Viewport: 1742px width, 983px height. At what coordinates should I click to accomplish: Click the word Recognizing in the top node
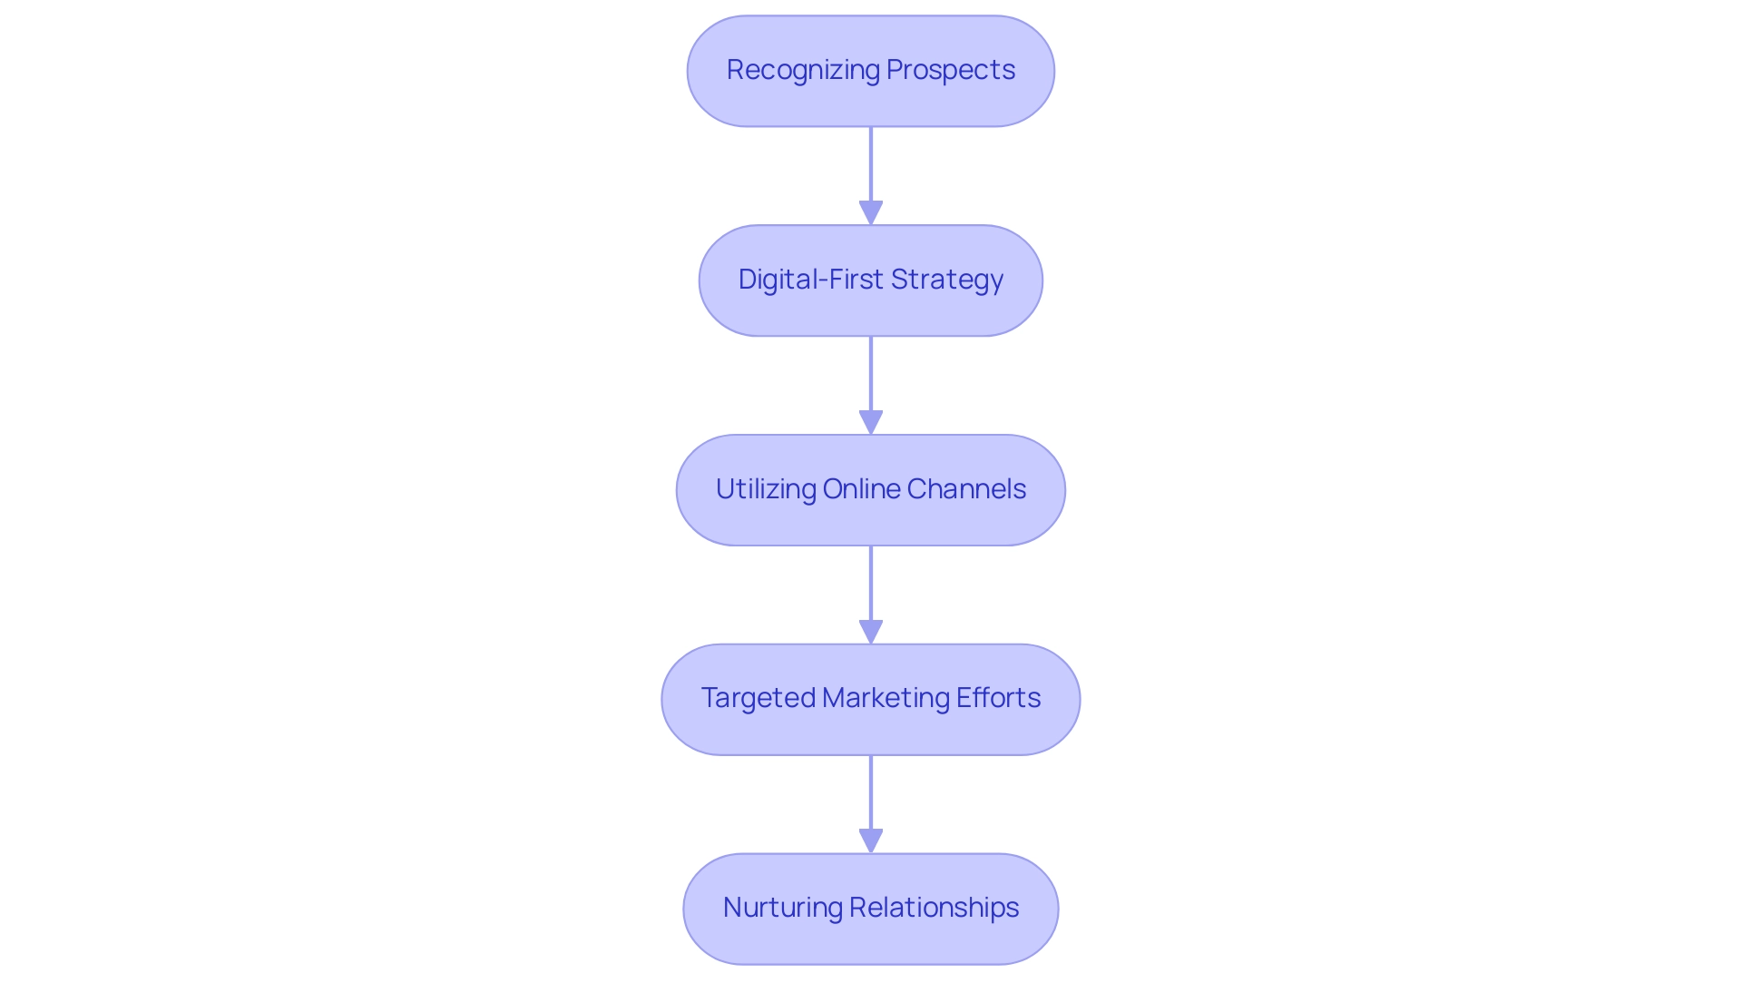[x=803, y=71]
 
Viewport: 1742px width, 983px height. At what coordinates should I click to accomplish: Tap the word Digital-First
[x=810, y=280]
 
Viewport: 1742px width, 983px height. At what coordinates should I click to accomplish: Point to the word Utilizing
[x=766, y=489]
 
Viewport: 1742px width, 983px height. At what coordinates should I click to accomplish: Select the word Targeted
[x=758, y=698]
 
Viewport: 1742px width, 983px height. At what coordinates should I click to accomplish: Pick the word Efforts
[x=998, y=698]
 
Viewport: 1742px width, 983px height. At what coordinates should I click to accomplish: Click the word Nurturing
[x=782, y=908]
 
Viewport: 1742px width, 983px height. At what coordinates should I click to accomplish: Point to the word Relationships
[x=934, y=908]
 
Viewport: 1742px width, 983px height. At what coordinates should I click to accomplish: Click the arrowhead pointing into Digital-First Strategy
[x=871, y=213]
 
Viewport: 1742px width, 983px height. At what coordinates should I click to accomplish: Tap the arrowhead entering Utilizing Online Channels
[x=871, y=423]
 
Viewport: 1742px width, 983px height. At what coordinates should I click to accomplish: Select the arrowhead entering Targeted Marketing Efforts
[x=871, y=633]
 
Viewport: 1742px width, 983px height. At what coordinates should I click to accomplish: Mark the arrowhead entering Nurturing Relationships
[x=871, y=841]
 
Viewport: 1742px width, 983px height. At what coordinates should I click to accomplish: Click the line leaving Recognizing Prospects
[x=871, y=163]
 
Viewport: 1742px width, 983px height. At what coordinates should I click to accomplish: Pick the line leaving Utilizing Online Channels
[x=871, y=582]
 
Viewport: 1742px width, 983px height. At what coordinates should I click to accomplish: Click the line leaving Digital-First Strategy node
[x=871, y=373]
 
